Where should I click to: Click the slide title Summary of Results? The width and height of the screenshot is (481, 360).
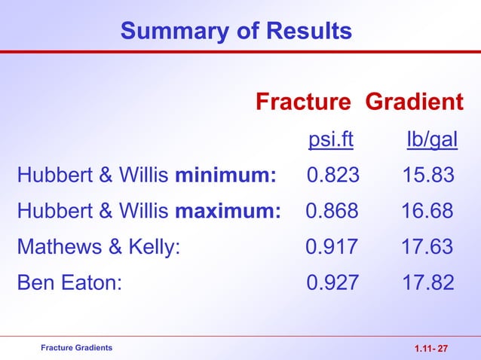point(236,32)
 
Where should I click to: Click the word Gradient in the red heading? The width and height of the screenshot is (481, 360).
point(415,102)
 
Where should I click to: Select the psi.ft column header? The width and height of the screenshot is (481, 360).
point(332,141)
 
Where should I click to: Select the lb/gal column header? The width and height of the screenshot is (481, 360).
point(432,141)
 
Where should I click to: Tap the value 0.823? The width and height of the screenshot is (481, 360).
point(333,176)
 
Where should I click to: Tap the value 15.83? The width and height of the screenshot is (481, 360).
point(428,176)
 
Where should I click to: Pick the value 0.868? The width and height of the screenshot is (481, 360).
point(332,211)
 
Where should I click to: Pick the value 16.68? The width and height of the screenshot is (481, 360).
point(428,211)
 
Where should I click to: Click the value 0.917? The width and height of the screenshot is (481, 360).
point(332,246)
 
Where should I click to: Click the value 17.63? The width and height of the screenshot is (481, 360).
point(428,246)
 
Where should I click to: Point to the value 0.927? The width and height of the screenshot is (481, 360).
point(333,282)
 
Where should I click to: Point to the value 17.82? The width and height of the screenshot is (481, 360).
point(428,282)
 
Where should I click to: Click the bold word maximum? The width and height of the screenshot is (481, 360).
point(228,211)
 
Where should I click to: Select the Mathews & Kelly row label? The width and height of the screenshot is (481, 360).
point(98,246)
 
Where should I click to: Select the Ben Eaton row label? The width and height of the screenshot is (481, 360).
point(69,282)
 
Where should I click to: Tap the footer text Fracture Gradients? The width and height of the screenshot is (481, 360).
point(77,347)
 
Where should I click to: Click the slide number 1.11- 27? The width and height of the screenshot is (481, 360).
point(431,348)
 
